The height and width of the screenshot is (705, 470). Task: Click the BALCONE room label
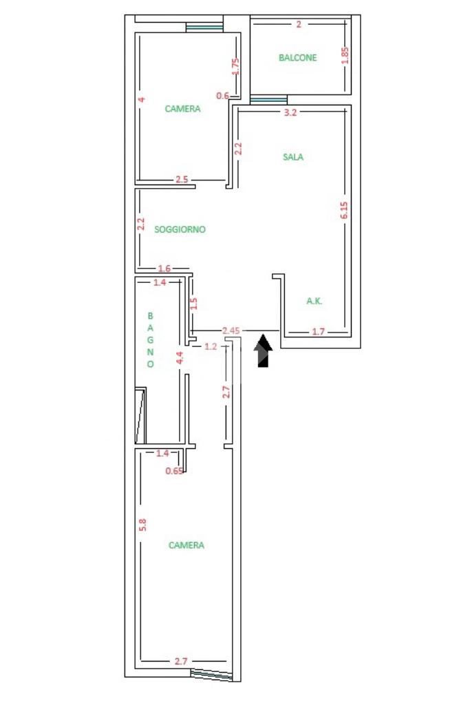click(x=297, y=58)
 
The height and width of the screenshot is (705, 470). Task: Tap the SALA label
click(x=293, y=157)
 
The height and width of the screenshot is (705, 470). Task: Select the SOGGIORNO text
click(x=180, y=229)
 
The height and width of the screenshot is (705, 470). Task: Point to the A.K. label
click(x=314, y=301)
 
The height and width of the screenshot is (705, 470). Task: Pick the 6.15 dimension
click(x=344, y=210)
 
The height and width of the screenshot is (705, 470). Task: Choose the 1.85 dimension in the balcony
click(x=345, y=55)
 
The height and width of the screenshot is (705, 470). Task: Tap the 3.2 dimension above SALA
click(x=290, y=114)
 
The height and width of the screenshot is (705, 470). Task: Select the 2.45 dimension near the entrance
click(x=231, y=331)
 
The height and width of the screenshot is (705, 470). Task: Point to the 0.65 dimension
click(x=175, y=472)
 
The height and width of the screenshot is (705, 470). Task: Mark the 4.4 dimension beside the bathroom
click(x=180, y=358)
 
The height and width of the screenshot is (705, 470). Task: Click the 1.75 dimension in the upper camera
click(x=235, y=66)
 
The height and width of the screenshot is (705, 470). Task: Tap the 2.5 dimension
click(x=182, y=180)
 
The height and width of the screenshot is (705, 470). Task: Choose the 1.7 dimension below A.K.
click(x=318, y=332)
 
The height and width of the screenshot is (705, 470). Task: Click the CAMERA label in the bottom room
click(x=186, y=545)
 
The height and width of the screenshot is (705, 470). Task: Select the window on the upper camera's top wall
click(x=205, y=28)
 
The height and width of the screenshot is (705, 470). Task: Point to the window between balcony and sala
click(x=268, y=99)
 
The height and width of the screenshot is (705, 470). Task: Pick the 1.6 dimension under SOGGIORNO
click(x=164, y=269)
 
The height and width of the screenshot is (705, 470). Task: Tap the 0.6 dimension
click(x=223, y=96)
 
